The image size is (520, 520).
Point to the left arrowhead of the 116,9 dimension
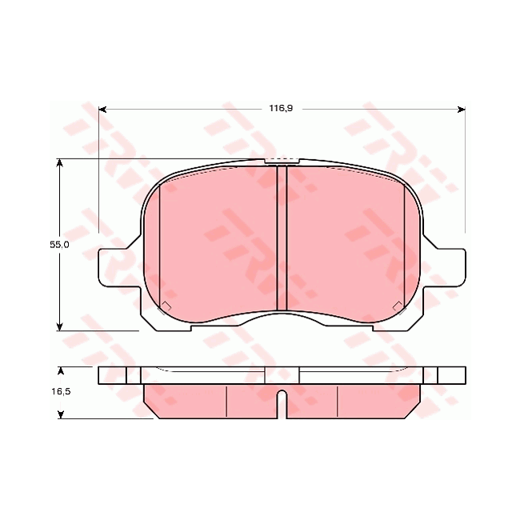102,109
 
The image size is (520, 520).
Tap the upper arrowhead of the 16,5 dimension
60,370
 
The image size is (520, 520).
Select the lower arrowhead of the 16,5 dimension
60,414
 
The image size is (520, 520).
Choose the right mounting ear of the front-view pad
450,266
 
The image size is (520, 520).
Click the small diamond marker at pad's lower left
166,306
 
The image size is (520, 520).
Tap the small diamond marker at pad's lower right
397,306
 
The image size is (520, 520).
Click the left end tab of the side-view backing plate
112,374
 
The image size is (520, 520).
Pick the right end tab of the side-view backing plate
450,374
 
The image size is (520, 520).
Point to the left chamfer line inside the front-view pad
160,240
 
